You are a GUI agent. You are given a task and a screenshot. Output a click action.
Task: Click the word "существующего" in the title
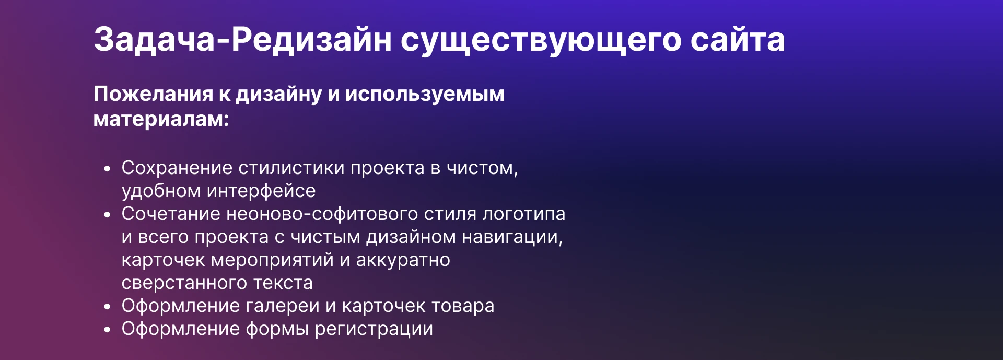point(541,40)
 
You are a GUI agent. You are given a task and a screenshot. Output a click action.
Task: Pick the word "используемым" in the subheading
point(424,94)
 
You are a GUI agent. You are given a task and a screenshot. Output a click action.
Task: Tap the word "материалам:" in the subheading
point(161,119)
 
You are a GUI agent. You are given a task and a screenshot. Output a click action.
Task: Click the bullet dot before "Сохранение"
point(108,169)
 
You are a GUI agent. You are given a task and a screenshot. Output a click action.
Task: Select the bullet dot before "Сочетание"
point(108,215)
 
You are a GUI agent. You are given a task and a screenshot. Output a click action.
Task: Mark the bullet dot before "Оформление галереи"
point(108,307)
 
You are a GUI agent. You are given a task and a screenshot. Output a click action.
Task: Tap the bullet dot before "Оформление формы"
point(108,330)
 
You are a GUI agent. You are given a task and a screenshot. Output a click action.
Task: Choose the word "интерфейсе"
point(261,191)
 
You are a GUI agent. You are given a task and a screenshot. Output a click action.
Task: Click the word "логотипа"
point(523,214)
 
